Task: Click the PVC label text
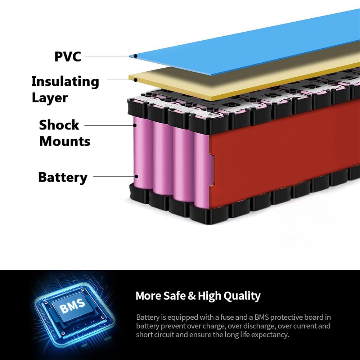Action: [x=68, y=57]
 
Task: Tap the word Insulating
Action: [x=65, y=82]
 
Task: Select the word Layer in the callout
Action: [x=50, y=98]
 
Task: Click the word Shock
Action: [x=59, y=125]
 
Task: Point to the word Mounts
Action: [x=65, y=141]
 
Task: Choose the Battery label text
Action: [x=63, y=177]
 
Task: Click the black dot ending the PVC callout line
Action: [x=136, y=56]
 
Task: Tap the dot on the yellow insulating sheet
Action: [x=136, y=80]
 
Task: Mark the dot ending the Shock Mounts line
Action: [x=135, y=125]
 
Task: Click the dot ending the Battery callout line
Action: [x=136, y=176]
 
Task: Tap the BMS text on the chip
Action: [x=72, y=306]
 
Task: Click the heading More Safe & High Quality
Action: [x=198, y=296]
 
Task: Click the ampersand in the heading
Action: [x=192, y=296]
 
